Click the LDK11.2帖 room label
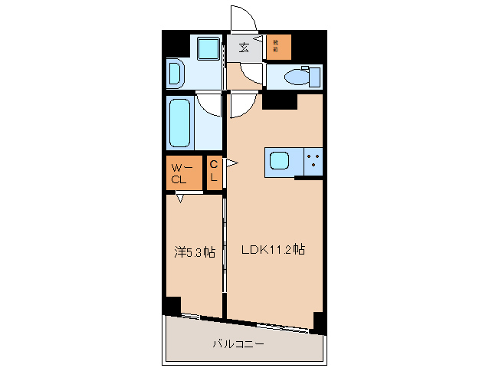point(274,250)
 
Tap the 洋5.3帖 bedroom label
point(194,251)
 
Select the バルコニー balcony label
point(238,344)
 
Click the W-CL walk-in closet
point(183,173)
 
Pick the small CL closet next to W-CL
point(214,173)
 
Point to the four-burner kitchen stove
point(313,161)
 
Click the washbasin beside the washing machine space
point(175,74)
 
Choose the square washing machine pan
point(206,48)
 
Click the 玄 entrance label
point(244,48)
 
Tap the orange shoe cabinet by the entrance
point(279,47)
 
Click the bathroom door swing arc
point(208,102)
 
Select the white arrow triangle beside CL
point(228,163)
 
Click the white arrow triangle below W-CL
point(180,199)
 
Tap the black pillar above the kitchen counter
point(280,100)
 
